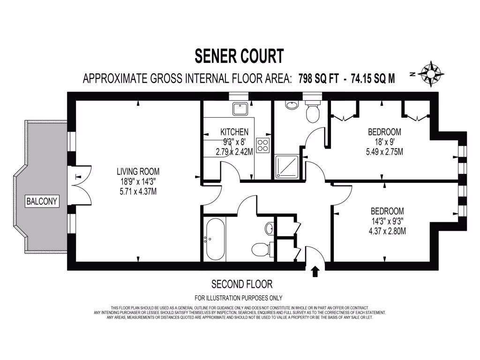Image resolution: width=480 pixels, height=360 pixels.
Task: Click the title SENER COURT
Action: tap(239, 56)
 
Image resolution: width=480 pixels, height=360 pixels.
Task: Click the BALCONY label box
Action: tap(42, 202)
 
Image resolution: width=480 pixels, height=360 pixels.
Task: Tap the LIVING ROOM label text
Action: tap(138, 171)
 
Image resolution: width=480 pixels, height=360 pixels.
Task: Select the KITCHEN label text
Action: tap(234, 132)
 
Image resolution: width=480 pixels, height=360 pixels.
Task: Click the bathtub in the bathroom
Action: tap(214, 238)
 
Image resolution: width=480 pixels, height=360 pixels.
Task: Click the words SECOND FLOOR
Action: tap(241, 284)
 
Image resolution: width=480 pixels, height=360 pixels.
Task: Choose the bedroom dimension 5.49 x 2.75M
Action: tap(384, 151)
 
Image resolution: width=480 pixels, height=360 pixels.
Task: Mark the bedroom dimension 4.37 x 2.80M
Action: tap(387, 231)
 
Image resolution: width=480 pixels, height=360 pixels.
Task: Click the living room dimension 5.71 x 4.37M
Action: tap(138, 191)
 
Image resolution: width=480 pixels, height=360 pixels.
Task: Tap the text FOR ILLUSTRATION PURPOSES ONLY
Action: tap(239, 298)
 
